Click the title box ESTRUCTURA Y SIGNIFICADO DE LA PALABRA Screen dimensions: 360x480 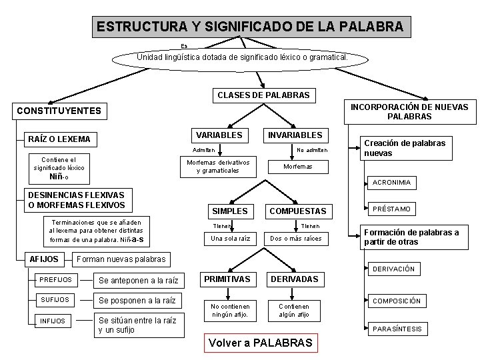tap(250, 27)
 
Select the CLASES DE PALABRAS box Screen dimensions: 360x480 tap(263, 95)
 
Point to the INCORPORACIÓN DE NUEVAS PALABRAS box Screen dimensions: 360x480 tap(409, 111)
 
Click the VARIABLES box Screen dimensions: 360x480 tap(219, 135)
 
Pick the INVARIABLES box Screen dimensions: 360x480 tap(294, 135)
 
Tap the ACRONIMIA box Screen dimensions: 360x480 tap(391, 182)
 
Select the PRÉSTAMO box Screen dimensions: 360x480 tap(391, 209)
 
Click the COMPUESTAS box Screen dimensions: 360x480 tap(297, 211)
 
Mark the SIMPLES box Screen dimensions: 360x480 tap(229, 211)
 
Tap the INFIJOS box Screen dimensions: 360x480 tap(53, 321)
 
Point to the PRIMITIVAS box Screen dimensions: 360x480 tap(227, 279)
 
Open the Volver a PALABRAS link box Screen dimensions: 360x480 tap(260, 343)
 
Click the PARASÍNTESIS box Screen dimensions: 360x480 tap(397, 329)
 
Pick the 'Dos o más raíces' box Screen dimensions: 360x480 tap(295, 238)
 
